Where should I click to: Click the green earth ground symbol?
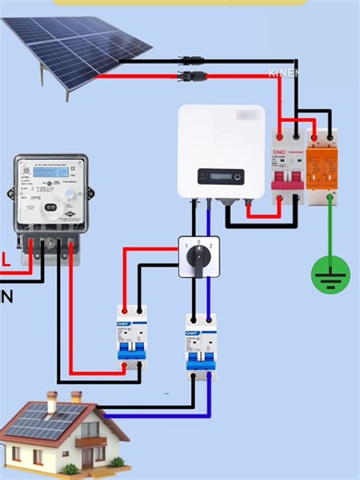click(x=330, y=273)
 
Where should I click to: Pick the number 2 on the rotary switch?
click(x=212, y=246)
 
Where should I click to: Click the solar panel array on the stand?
click(x=78, y=46)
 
